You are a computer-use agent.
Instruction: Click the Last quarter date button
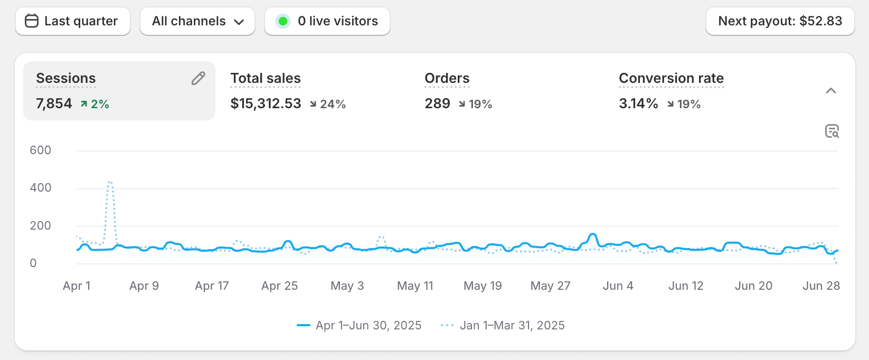(x=72, y=21)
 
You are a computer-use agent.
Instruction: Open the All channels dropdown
(x=197, y=21)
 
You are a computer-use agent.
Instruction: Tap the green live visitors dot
(x=283, y=21)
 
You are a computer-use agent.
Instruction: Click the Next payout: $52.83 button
(x=780, y=21)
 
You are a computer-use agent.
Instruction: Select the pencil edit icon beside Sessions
(x=199, y=79)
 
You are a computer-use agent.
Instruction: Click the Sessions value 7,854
(x=54, y=103)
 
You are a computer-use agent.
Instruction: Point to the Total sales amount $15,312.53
(x=266, y=103)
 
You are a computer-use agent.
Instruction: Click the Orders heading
(x=447, y=78)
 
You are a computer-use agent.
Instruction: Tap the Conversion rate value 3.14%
(x=638, y=103)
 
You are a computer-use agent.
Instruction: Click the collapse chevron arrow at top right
(x=830, y=91)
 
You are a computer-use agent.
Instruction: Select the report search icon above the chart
(x=832, y=131)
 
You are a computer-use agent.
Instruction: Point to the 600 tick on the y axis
(x=41, y=150)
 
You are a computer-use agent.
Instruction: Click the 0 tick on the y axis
(x=33, y=263)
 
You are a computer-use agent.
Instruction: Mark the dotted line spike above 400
(x=110, y=183)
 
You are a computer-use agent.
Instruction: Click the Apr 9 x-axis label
(x=144, y=286)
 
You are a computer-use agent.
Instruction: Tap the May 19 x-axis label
(x=483, y=286)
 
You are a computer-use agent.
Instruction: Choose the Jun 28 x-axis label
(x=821, y=286)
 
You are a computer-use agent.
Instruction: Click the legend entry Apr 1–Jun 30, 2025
(x=368, y=325)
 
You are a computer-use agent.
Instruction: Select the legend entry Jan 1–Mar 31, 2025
(x=512, y=325)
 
